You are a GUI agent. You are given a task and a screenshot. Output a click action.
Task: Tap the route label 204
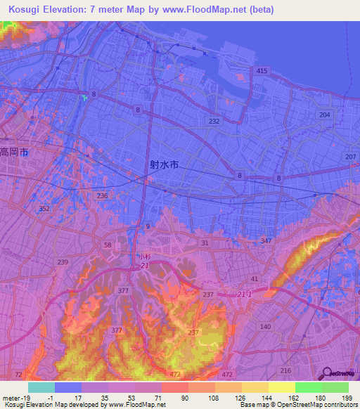(324, 114)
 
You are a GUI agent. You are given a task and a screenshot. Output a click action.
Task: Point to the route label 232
(214, 121)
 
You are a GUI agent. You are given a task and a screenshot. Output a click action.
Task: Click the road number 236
(102, 195)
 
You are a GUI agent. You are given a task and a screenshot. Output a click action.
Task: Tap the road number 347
(266, 241)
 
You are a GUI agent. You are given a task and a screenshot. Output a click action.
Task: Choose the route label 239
(63, 262)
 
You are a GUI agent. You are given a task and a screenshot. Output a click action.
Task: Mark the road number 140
(265, 327)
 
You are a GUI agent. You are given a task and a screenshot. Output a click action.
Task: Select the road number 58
(108, 245)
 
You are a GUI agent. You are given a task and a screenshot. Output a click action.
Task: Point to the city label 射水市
(164, 165)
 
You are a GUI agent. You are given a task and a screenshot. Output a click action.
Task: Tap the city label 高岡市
(13, 152)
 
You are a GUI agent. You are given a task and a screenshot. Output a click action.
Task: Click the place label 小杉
(143, 257)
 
